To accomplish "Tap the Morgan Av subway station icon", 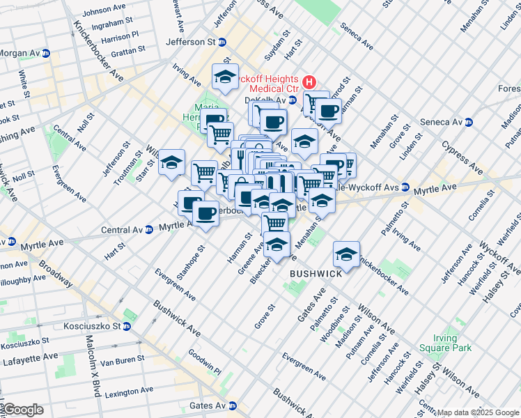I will point(46,54).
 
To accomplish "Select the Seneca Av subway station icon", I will point(469,122).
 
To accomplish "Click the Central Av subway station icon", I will point(149,229).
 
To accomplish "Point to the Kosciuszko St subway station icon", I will point(127,326).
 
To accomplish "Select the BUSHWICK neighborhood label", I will point(316,274).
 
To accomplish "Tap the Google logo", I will point(23,410).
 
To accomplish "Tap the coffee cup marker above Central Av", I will point(205,212).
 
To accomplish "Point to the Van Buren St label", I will point(122,360).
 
